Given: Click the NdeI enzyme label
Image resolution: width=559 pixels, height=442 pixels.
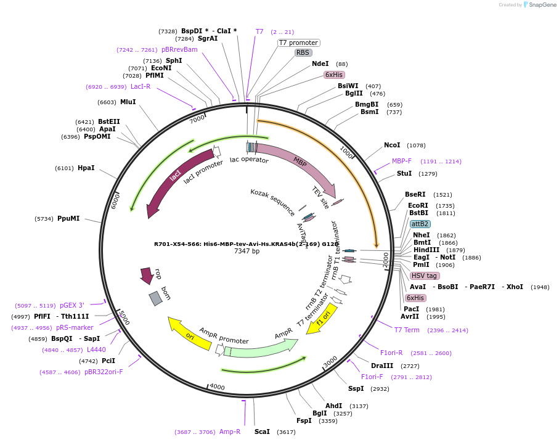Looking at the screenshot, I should (320, 63).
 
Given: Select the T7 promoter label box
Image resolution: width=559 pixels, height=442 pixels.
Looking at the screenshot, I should (298, 43).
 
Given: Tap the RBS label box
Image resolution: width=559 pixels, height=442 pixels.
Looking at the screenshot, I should (303, 53).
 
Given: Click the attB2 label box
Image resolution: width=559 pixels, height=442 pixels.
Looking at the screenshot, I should (420, 224).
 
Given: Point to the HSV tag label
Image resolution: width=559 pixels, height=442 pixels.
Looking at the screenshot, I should (424, 276).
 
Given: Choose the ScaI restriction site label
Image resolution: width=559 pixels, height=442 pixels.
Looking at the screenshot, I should (262, 432).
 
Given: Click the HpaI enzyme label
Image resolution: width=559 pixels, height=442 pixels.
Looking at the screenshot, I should (86, 168).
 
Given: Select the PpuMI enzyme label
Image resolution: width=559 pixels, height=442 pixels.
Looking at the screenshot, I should (68, 218).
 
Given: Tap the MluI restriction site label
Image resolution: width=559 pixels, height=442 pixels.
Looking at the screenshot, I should (128, 102).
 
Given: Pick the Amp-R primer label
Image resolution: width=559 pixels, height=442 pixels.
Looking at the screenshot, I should (230, 432).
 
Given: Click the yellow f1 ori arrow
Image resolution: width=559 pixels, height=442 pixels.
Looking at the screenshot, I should (323, 318).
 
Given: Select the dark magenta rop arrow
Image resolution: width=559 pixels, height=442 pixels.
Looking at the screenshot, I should (147, 275).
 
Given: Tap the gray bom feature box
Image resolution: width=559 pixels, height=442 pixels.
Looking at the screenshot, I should (156, 298).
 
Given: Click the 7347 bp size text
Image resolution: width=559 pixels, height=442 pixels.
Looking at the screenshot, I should (247, 252).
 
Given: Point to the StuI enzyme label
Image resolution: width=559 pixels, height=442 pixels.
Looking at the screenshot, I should (404, 173).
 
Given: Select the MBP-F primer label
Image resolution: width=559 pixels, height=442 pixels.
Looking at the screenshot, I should (401, 161).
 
